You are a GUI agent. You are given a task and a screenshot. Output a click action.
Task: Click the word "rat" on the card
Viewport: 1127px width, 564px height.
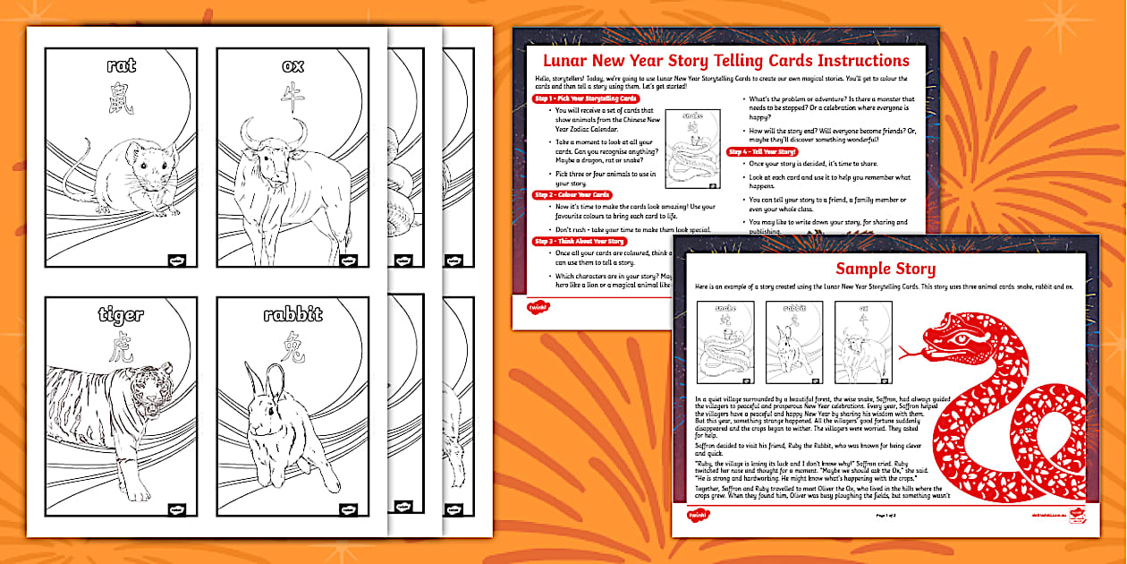click(x=121, y=65)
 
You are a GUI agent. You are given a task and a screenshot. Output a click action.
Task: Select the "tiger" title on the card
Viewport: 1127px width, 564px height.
click(x=121, y=314)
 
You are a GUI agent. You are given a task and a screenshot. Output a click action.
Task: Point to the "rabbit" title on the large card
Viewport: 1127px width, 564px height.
click(x=292, y=314)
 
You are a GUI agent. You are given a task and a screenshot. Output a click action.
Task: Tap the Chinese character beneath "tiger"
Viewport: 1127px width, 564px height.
click(x=121, y=350)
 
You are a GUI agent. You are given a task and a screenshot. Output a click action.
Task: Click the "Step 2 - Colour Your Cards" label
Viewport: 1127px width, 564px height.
click(x=572, y=194)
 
